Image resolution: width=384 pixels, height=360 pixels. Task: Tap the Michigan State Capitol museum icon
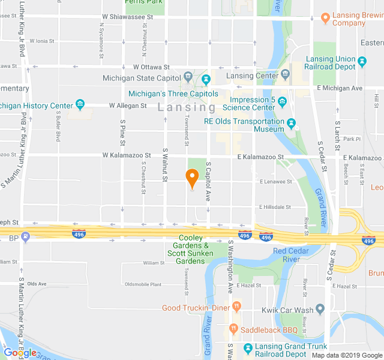(x=188, y=77)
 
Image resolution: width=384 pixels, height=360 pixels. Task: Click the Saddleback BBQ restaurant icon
(x=233, y=329)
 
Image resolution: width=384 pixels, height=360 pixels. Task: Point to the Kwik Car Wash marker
(x=320, y=309)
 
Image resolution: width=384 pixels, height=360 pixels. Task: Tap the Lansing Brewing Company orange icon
(x=325, y=18)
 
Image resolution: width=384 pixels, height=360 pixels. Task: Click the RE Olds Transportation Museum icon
(x=292, y=124)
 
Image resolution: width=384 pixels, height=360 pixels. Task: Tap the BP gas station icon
(x=25, y=237)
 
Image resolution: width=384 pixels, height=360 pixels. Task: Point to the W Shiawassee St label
(x=128, y=17)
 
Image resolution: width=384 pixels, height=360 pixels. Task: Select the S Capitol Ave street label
(x=208, y=180)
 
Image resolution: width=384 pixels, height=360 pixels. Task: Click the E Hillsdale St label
(x=275, y=207)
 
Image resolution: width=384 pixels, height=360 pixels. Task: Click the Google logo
(x=20, y=352)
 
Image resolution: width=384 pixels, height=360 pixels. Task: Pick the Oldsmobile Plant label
(x=143, y=284)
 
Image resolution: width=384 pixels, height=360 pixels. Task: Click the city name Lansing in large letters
(x=187, y=107)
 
